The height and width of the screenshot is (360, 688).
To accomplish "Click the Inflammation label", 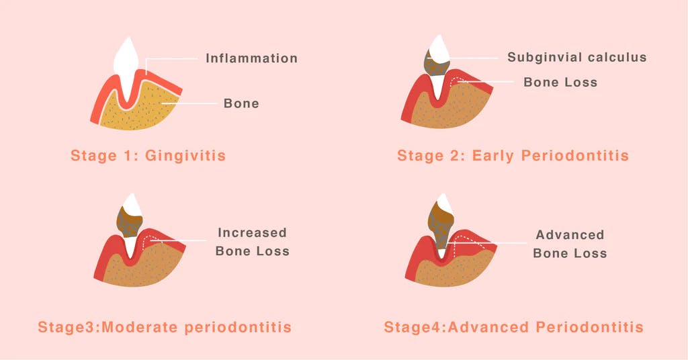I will tap(251, 58).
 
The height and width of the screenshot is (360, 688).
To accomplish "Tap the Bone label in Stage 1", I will tap(241, 103).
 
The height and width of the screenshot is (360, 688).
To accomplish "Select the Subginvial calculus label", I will tap(576, 58).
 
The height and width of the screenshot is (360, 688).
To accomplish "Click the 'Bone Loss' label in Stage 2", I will tap(560, 83).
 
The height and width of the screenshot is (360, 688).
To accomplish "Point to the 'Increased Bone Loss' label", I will tap(253, 242).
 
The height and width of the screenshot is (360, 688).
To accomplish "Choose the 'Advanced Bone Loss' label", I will tap(570, 244).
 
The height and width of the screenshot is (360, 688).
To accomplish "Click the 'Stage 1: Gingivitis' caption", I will tap(148, 156).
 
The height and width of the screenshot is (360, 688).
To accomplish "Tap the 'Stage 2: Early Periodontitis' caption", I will tap(513, 156).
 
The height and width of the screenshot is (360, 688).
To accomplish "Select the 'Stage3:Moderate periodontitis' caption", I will tap(165, 328).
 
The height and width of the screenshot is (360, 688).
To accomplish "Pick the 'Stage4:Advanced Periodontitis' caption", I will tap(513, 328).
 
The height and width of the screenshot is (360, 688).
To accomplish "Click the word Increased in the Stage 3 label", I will tap(252, 233).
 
